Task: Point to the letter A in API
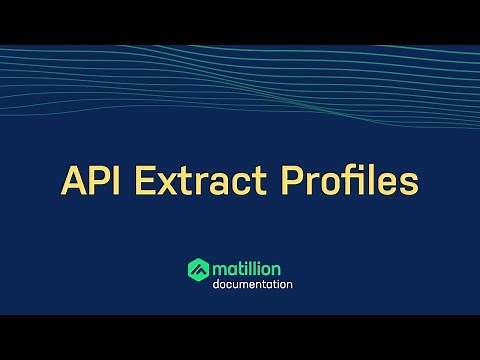(76, 181)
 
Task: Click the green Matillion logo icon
(198, 269)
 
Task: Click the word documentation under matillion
(253, 284)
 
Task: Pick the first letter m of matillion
(219, 269)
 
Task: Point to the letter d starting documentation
(216, 284)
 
